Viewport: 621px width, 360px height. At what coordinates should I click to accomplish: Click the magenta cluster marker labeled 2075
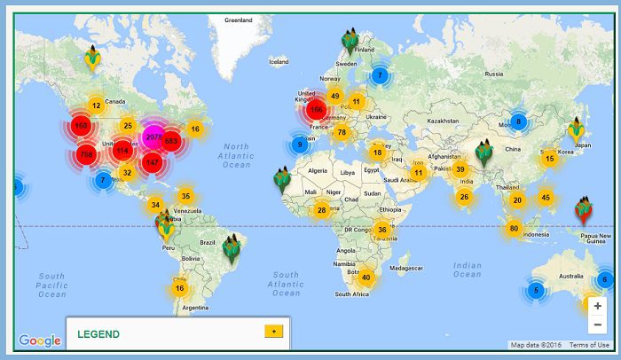153,137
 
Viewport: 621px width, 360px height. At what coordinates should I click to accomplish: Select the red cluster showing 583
171,142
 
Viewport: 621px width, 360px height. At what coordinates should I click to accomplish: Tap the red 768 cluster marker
86,154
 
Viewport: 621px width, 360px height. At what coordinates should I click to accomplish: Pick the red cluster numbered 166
316,110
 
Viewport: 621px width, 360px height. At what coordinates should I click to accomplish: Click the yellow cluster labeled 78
342,133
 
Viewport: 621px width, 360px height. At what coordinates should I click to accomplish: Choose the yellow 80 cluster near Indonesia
513,229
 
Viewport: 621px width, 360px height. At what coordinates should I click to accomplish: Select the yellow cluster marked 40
366,278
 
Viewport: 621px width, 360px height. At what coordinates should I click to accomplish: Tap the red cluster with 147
152,162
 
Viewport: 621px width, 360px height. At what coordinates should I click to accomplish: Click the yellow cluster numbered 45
545,198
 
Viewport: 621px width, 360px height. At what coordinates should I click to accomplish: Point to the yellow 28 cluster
321,210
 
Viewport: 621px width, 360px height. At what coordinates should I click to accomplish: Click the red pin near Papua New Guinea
583,208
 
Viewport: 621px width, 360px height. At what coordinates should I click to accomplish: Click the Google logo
40,340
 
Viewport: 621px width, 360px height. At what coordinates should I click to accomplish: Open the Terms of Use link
589,345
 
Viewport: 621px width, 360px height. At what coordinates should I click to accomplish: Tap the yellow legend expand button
273,331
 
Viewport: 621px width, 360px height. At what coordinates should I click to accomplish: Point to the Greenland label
239,19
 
